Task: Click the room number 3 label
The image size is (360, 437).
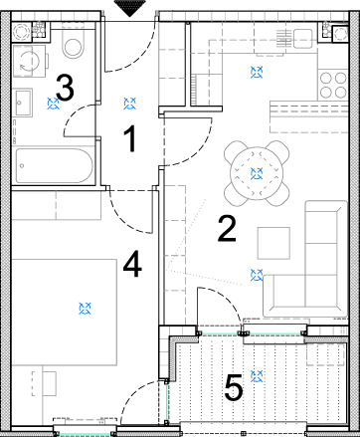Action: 65,88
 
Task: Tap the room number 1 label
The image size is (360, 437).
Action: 130,139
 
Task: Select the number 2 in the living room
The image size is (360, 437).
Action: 227,228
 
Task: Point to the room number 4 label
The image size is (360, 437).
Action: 132,264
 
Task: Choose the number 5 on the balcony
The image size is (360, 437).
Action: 234,387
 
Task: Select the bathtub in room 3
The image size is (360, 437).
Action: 55,165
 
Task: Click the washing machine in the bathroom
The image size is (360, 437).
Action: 29,61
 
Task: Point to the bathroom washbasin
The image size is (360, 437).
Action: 23,103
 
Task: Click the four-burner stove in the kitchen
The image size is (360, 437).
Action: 333,85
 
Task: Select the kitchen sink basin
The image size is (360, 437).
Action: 302,39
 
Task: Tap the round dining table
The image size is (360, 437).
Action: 257,173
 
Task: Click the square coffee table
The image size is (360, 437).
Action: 273,243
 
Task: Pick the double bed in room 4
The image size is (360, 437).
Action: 65,313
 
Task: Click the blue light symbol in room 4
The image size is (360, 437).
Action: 86,309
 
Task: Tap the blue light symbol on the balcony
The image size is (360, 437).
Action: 257,376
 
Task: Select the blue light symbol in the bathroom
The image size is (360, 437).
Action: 53,104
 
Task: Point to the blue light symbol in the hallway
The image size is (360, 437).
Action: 130,104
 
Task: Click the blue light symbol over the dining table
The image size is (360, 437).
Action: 257,173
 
